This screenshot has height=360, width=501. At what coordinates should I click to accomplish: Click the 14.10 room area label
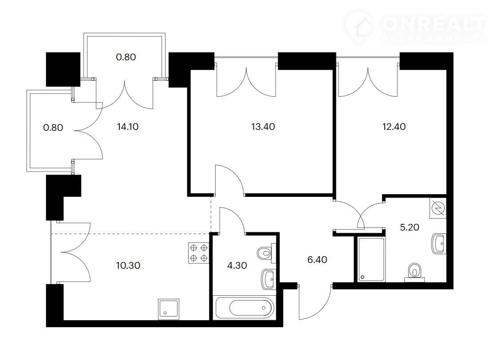click(x=128, y=127)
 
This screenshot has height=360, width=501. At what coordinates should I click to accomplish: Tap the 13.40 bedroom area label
click(x=263, y=127)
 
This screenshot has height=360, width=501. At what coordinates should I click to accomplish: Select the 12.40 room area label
click(x=394, y=127)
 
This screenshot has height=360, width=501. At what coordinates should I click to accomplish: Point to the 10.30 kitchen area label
click(x=128, y=265)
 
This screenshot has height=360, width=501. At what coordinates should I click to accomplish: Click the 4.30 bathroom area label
click(x=237, y=265)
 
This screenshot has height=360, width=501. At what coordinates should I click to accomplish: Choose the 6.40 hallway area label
click(x=317, y=259)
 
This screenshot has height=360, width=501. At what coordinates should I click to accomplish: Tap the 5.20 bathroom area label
click(x=410, y=227)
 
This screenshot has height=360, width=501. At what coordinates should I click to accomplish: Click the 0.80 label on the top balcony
click(x=126, y=57)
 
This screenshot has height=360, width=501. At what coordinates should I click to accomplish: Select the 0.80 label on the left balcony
click(x=53, y=128)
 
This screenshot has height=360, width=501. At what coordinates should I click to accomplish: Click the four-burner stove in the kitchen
click(x=198, y=253)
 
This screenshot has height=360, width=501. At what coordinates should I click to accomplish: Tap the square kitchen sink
click(x=168, y=309)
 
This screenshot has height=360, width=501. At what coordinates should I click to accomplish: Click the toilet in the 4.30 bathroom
click(x=266, y=254)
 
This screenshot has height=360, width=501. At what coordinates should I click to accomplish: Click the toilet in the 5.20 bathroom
click(x=415, y=273)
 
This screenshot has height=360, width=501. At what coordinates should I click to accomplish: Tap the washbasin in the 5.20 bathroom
click(x=438, y=243)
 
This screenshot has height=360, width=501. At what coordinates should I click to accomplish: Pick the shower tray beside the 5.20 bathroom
click(x=371, y=259)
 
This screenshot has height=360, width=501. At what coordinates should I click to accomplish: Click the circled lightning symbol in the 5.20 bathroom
click(x=438, y=208)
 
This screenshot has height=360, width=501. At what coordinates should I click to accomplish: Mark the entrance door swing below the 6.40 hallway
click(x=315, y=302)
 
